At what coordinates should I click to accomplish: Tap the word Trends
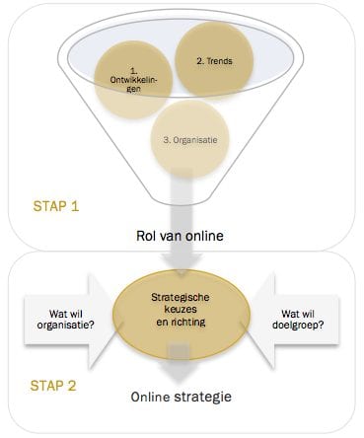(222, 61)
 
